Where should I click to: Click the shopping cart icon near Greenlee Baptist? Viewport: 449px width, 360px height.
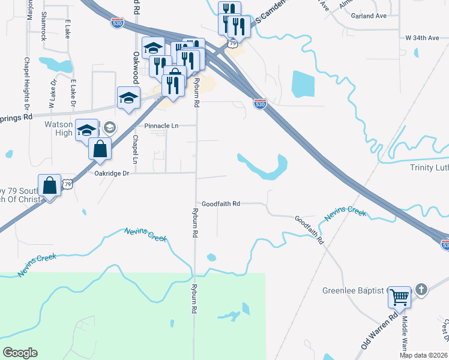[399, 297]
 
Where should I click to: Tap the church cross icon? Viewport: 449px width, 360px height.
[421, 290]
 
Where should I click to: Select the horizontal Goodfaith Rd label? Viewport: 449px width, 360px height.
[221, 204]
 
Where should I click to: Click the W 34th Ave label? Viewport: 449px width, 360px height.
[423, 38]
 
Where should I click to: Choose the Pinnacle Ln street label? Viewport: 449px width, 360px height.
[162, 126]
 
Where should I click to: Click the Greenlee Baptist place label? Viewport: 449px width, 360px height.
[352, 291]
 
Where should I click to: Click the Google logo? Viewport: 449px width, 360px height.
[20, 353]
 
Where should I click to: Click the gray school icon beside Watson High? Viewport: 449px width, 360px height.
[109, 127]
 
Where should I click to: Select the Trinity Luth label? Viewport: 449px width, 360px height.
[429, 167]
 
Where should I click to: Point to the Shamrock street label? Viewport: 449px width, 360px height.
[44, 26]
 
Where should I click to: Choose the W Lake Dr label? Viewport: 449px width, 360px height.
[52, 93]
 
